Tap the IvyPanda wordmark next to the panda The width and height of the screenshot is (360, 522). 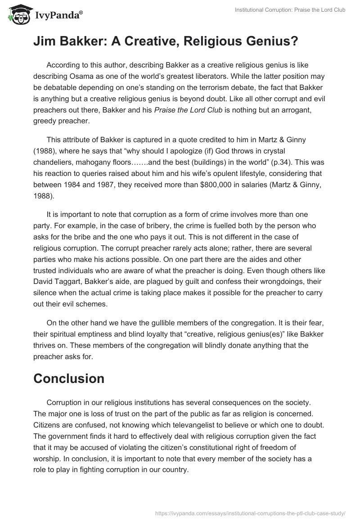(58, 16)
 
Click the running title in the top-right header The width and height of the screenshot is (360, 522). (290, 10)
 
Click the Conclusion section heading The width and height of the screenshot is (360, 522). (69, 378)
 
